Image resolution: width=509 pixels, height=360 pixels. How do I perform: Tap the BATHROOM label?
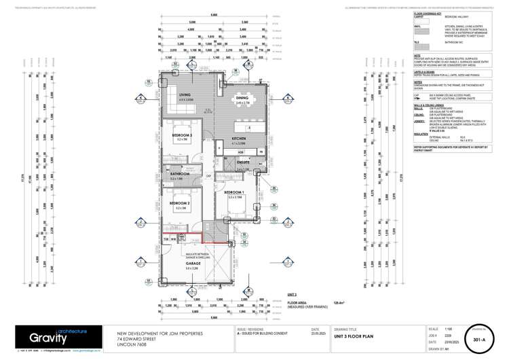(181, 174)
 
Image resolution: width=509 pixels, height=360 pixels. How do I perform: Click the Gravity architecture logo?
(54, 336)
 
